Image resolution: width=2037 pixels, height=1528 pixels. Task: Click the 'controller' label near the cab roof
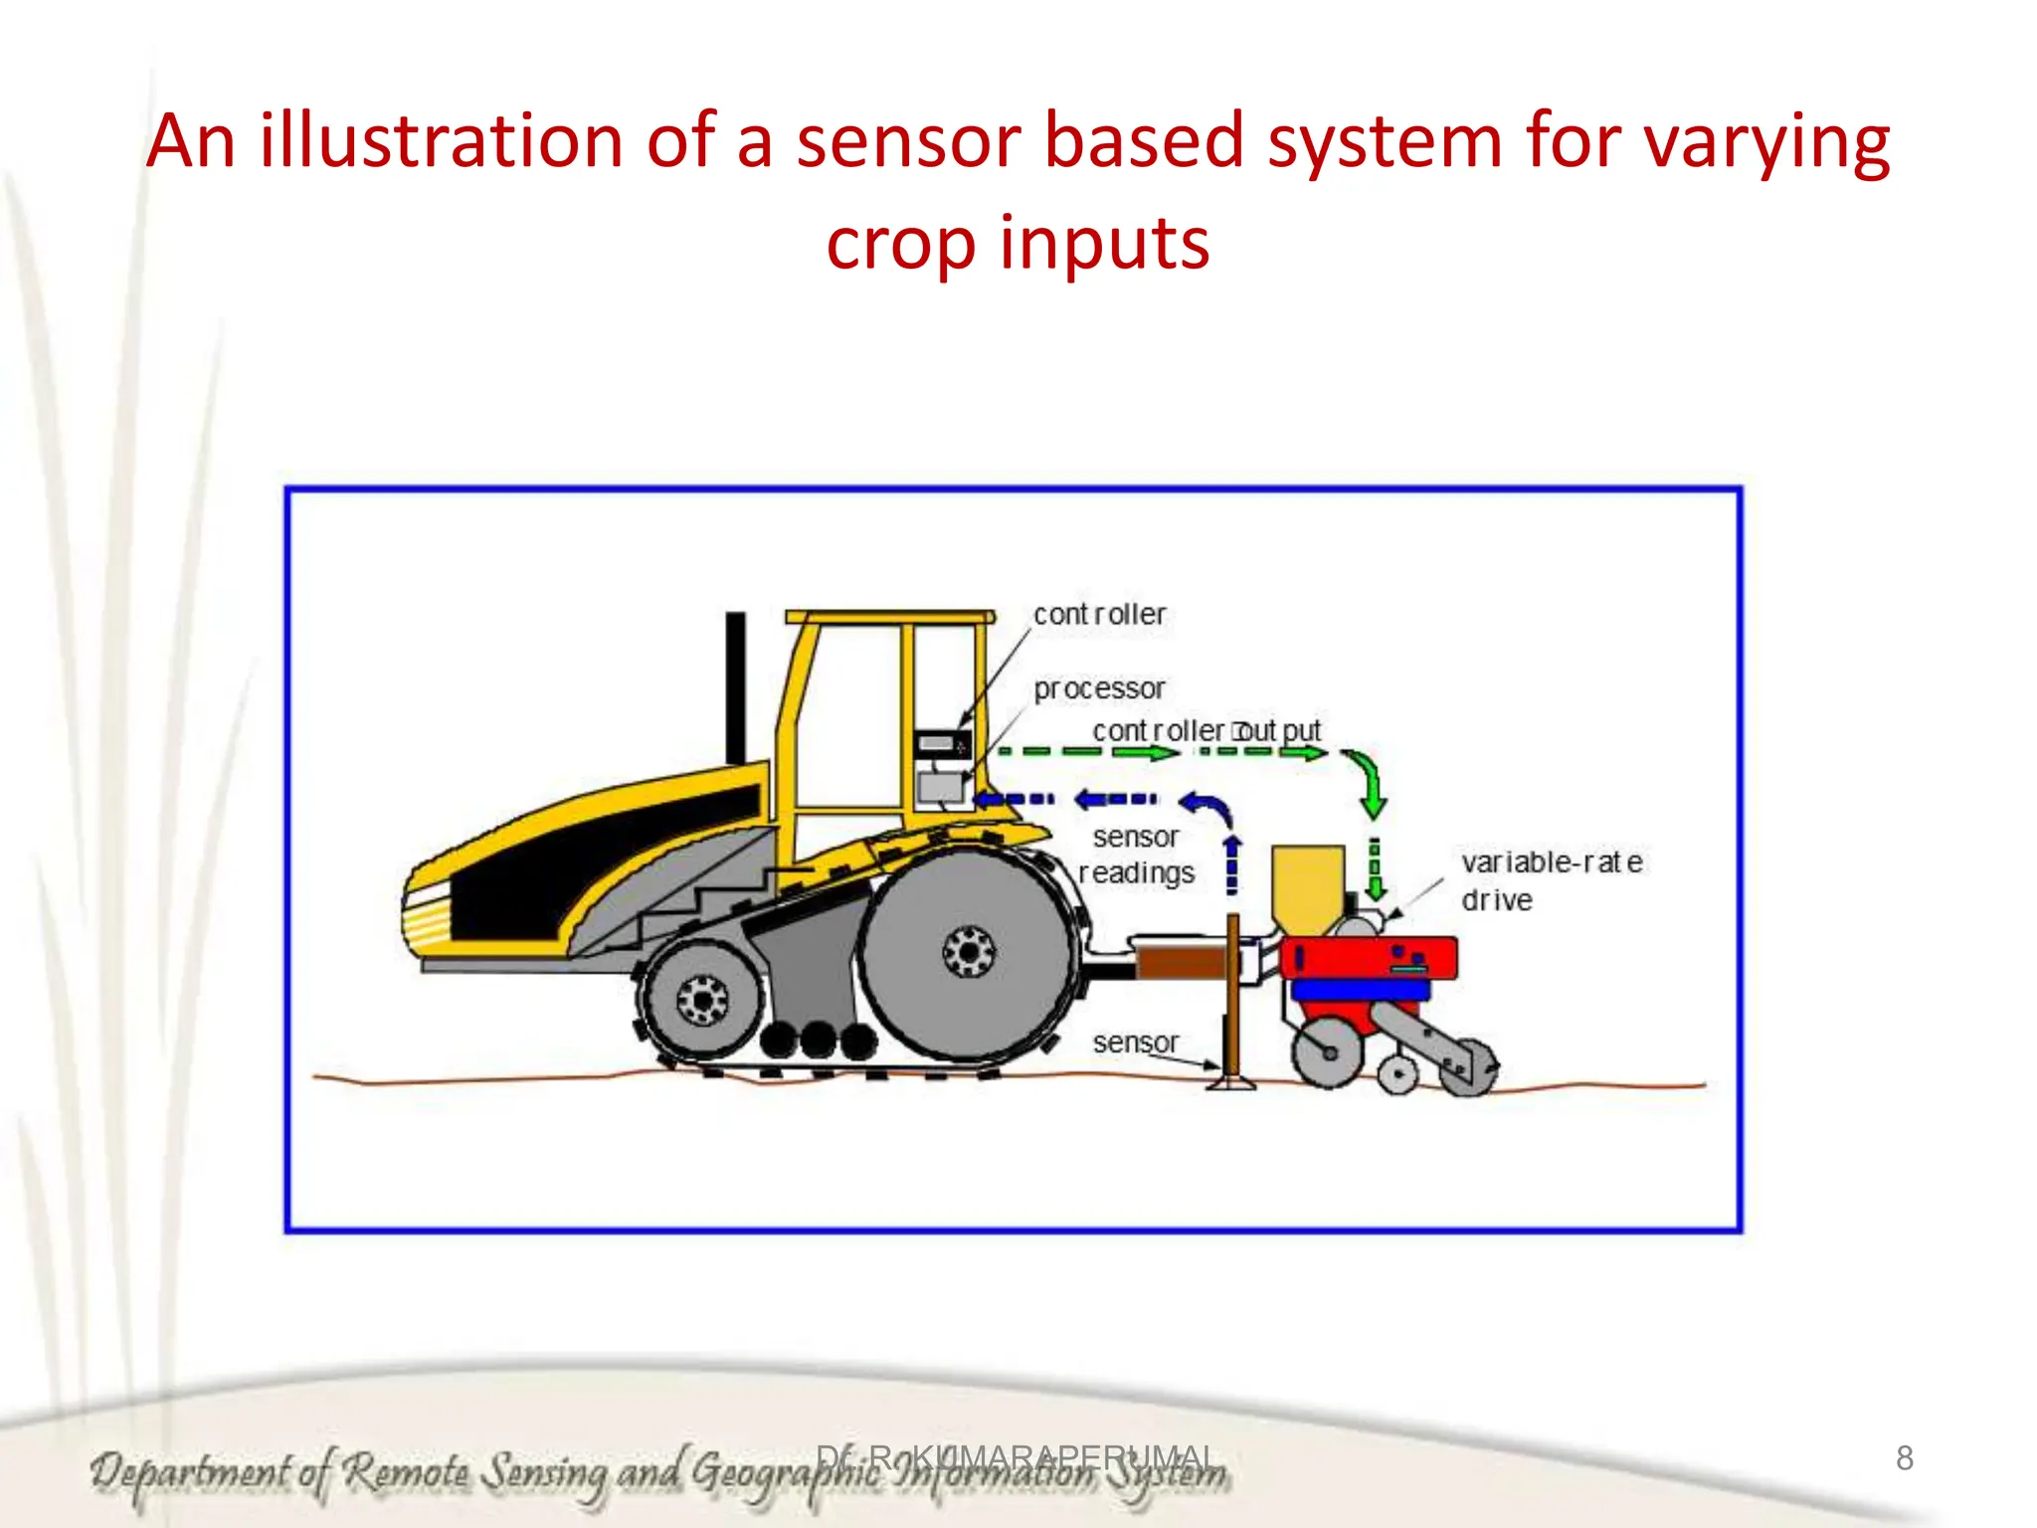coord(1099,615)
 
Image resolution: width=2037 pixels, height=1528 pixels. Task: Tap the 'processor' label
coord(1099,688)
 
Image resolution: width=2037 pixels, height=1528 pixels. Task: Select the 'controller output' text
coord(1206,731)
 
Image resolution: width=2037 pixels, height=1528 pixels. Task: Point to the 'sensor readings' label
coord(1136,856)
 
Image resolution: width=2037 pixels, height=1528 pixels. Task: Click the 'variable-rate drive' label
coord(1551,880)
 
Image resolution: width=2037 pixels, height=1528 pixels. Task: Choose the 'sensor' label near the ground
coord(1135,1043)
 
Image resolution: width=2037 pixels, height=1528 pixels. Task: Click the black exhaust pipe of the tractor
coord(736,686)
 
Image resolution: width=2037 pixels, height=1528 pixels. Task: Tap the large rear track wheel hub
coord(969,952)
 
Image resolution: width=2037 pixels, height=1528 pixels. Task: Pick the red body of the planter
coord(1368,958)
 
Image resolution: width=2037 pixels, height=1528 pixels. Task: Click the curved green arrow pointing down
coord(1368,782)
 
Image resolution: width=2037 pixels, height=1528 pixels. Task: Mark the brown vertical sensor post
coord(1233,995)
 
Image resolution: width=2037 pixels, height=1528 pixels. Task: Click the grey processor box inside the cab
coord(940,787)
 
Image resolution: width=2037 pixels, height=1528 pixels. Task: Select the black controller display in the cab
coord(941,744)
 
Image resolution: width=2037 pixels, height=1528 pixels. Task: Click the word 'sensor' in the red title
coord(908,141)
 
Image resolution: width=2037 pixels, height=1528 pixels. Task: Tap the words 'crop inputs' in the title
coord(1018,244)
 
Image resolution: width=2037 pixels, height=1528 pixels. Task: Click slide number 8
coord(1904,1458)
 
